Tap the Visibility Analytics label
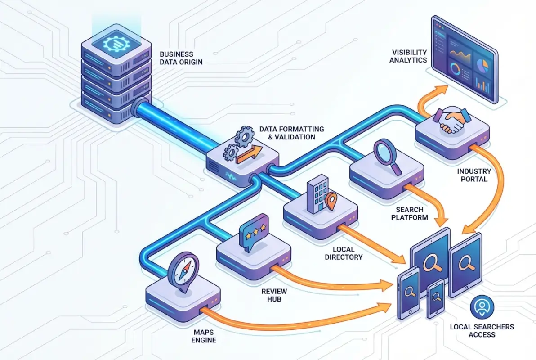[408, 56]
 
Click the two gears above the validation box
[238, 140]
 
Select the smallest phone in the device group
[435, 297]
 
